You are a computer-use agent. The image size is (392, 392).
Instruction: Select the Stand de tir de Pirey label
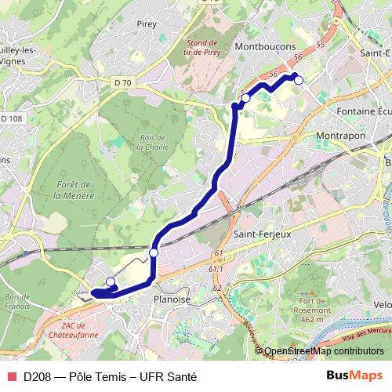point(208,47)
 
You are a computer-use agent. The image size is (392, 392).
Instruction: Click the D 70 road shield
point(122,82)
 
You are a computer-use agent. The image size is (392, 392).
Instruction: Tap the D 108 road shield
point(11,118)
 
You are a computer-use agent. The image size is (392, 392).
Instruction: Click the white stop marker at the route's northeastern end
point(298,80)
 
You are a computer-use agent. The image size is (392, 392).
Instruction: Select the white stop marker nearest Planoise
point(154,253)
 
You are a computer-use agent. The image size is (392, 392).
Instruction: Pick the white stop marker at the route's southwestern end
point(111,282)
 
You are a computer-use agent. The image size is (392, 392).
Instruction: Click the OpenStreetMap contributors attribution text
point(324,351)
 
